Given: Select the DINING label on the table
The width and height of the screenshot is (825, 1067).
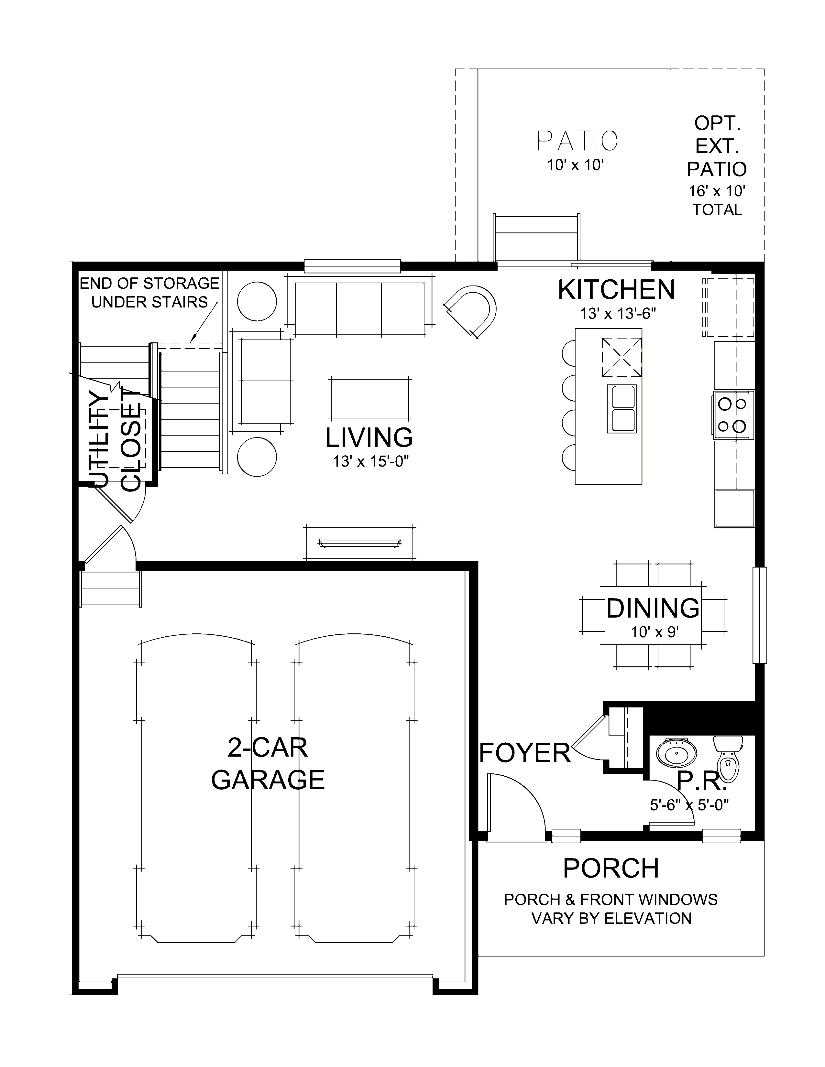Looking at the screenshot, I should (653, 608).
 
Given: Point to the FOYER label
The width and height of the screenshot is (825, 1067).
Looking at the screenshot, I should (525, 753).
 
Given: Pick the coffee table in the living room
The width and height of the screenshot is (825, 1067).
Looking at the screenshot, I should (370, 398).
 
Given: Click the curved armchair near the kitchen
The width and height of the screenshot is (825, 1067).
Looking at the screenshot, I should (471, 312).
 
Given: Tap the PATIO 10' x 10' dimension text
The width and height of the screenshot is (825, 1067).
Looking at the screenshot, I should (575, 165).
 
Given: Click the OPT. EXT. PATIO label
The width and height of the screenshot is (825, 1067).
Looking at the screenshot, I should (717, 146).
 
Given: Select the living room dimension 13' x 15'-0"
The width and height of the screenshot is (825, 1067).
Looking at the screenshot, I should (370, 461).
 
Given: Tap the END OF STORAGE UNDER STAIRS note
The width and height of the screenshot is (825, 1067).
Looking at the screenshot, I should (149, 292).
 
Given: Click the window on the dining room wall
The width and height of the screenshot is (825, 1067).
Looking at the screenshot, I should (759, 615).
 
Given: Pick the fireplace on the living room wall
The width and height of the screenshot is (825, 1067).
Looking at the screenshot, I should (359, 543).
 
